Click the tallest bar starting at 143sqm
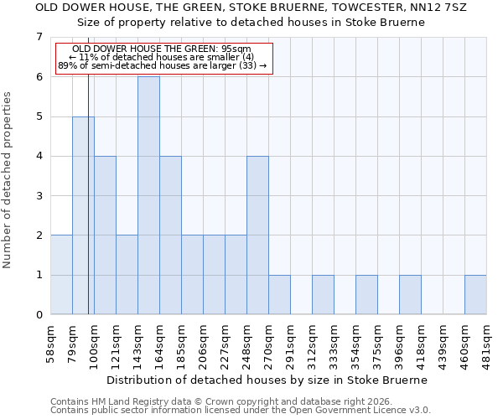148,195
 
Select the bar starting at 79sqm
83,215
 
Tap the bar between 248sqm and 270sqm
257,235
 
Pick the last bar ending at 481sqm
475,294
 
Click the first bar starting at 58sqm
61,275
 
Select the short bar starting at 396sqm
410,294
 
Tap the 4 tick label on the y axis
39,156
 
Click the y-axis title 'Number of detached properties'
8,180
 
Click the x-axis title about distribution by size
268,380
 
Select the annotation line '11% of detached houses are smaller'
167,57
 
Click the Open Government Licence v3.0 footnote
240,411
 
